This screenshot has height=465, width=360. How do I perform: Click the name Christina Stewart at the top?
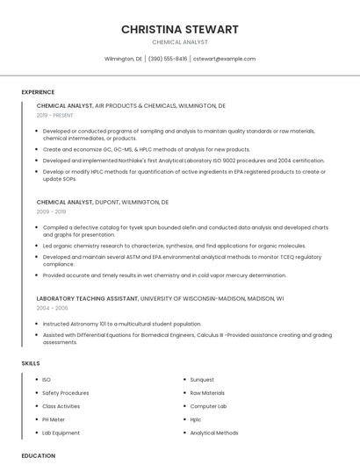click(x=180, y=29)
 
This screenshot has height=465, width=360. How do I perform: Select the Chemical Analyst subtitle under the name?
click(x=180, y=42)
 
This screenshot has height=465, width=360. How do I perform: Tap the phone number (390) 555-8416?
click(x=168, y=59)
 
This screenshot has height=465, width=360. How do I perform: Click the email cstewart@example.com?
click(x=224, y=59)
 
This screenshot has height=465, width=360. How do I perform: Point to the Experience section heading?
click(x=38, y=92)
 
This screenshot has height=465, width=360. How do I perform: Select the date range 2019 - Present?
click(x=55, y=115)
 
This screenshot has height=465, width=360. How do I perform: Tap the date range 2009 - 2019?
click(x=51, y=211)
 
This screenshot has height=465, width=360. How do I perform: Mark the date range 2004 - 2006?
click(x=51, y=308)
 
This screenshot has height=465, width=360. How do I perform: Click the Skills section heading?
click(x=31, y=363)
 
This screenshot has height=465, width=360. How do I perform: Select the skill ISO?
click(x=47, y=380)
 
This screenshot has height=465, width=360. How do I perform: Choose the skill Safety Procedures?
click(x=65, y=393)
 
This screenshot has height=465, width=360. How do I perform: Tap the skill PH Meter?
click(x=54, y=419)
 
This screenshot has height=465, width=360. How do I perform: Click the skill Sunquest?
click(x=202, y=380)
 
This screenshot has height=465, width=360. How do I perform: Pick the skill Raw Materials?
click(x=207, y=393)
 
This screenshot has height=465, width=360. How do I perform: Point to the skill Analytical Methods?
click(x=214, y=433)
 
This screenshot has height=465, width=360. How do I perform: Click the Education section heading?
click(x=38, y=456)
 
